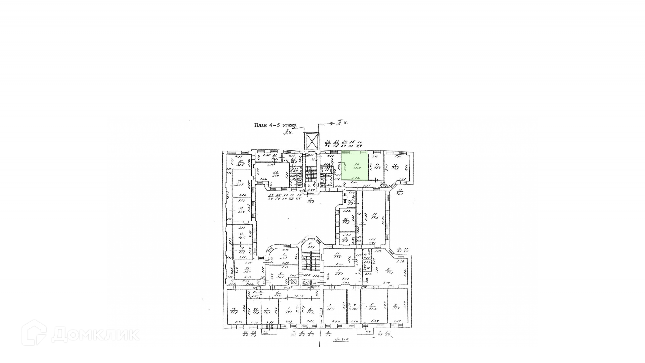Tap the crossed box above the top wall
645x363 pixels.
[311, 141]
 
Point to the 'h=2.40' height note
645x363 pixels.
[341, 340]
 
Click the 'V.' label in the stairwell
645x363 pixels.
[309, 185]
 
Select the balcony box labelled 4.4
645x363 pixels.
[368, 332]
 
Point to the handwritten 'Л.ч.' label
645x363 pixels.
[288, 132]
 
